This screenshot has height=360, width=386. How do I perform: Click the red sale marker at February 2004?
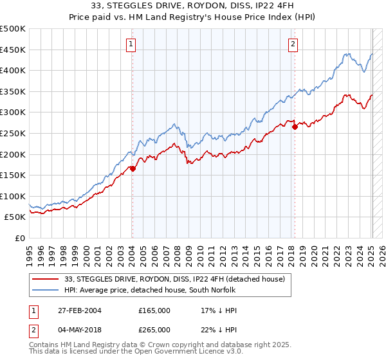pyautogui.click(x=133, y=168)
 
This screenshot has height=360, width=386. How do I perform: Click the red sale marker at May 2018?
pyautogui.click(x=295, y=127)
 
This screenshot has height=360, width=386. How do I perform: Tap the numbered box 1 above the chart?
pyautogui.click(x=131, y=44)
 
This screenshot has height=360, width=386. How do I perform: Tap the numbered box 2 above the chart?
pyautogui.click(x=293, y=44)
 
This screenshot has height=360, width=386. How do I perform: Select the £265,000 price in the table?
pyautogui.click(x=154, y=329)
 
